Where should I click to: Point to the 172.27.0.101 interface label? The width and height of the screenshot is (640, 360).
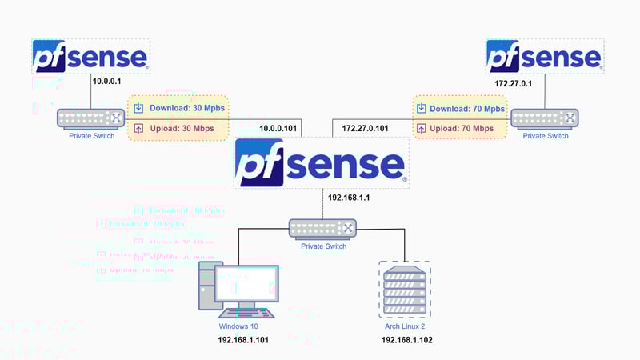click(366, 128)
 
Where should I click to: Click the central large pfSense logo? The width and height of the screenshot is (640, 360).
click(320, 163)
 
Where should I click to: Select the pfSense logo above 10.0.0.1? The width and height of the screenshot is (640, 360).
click(90, 56)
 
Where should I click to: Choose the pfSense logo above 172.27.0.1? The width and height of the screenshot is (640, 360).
click(545, 56)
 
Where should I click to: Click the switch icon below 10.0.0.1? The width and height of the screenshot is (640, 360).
click(90, 118)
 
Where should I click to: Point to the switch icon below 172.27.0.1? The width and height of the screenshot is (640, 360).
click(545, 118)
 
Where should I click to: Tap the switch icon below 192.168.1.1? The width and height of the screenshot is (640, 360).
click(323, 229)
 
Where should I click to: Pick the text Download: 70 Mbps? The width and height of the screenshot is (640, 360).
click(467, 108)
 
